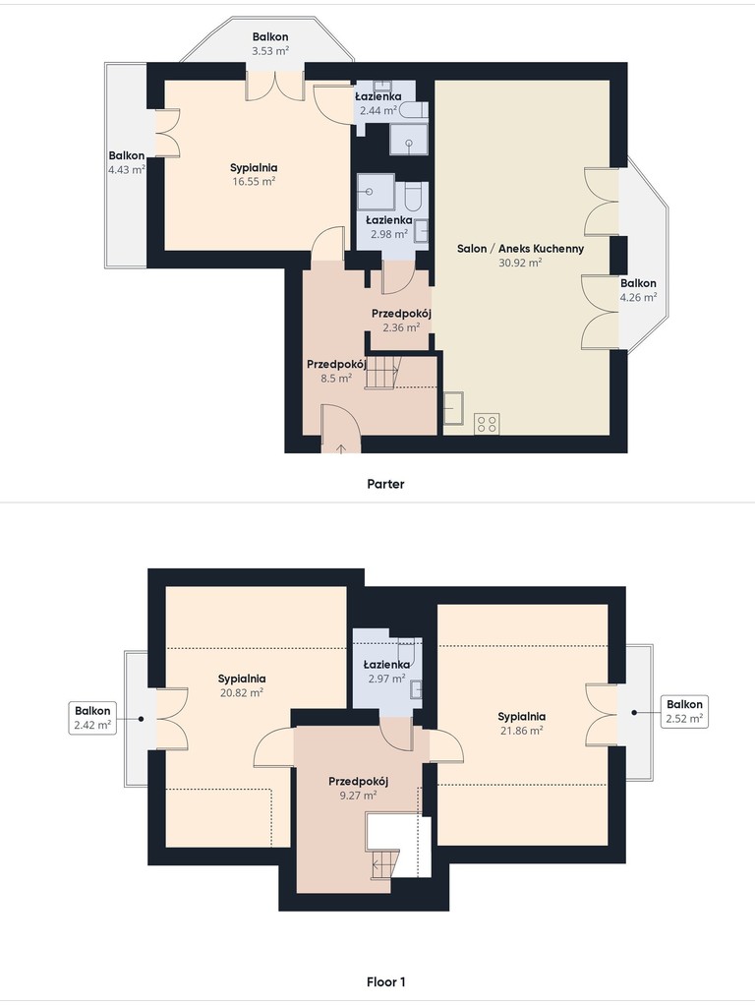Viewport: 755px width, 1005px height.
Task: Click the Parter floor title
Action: click(x=385, y=484)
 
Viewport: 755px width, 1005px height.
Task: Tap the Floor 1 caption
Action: click(x=385, y=981)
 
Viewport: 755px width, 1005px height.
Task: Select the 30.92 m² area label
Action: click(x=520, y=263)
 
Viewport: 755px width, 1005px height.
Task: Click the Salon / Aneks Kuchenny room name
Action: click(x=520, y=248)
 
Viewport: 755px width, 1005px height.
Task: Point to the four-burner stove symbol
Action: click(x=487, y=424)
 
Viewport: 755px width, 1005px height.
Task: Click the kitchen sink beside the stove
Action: click(x=454, y=408)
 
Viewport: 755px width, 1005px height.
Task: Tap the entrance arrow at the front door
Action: click(x=340, y=447)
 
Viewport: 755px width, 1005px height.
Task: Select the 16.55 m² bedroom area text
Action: click(x=254, y=181)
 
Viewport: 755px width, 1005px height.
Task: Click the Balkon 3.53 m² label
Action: click(x=269, y=43)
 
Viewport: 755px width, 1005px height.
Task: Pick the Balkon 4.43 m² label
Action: click(x=126, y=162)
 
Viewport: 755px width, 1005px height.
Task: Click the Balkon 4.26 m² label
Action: click(x=638, y=290)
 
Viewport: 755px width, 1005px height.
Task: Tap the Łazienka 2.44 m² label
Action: click(x=378, y=103)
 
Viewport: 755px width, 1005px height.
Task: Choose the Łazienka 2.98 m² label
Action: click(x=389, y=227)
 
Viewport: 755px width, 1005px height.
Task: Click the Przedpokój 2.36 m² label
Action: click(x=401, y=321)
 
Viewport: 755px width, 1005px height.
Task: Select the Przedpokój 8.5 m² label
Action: click(x=336, y=371)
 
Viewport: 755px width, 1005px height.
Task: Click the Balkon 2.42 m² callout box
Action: click(x=92, y=718)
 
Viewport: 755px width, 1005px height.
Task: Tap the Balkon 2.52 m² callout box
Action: click(x=684, y=711)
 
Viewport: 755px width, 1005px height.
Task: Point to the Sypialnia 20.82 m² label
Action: click(x=242, y=685)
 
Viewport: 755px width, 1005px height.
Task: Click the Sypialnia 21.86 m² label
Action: click(x=522, y=723)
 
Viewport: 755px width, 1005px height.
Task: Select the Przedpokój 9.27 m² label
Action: click(x=358, y=789)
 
